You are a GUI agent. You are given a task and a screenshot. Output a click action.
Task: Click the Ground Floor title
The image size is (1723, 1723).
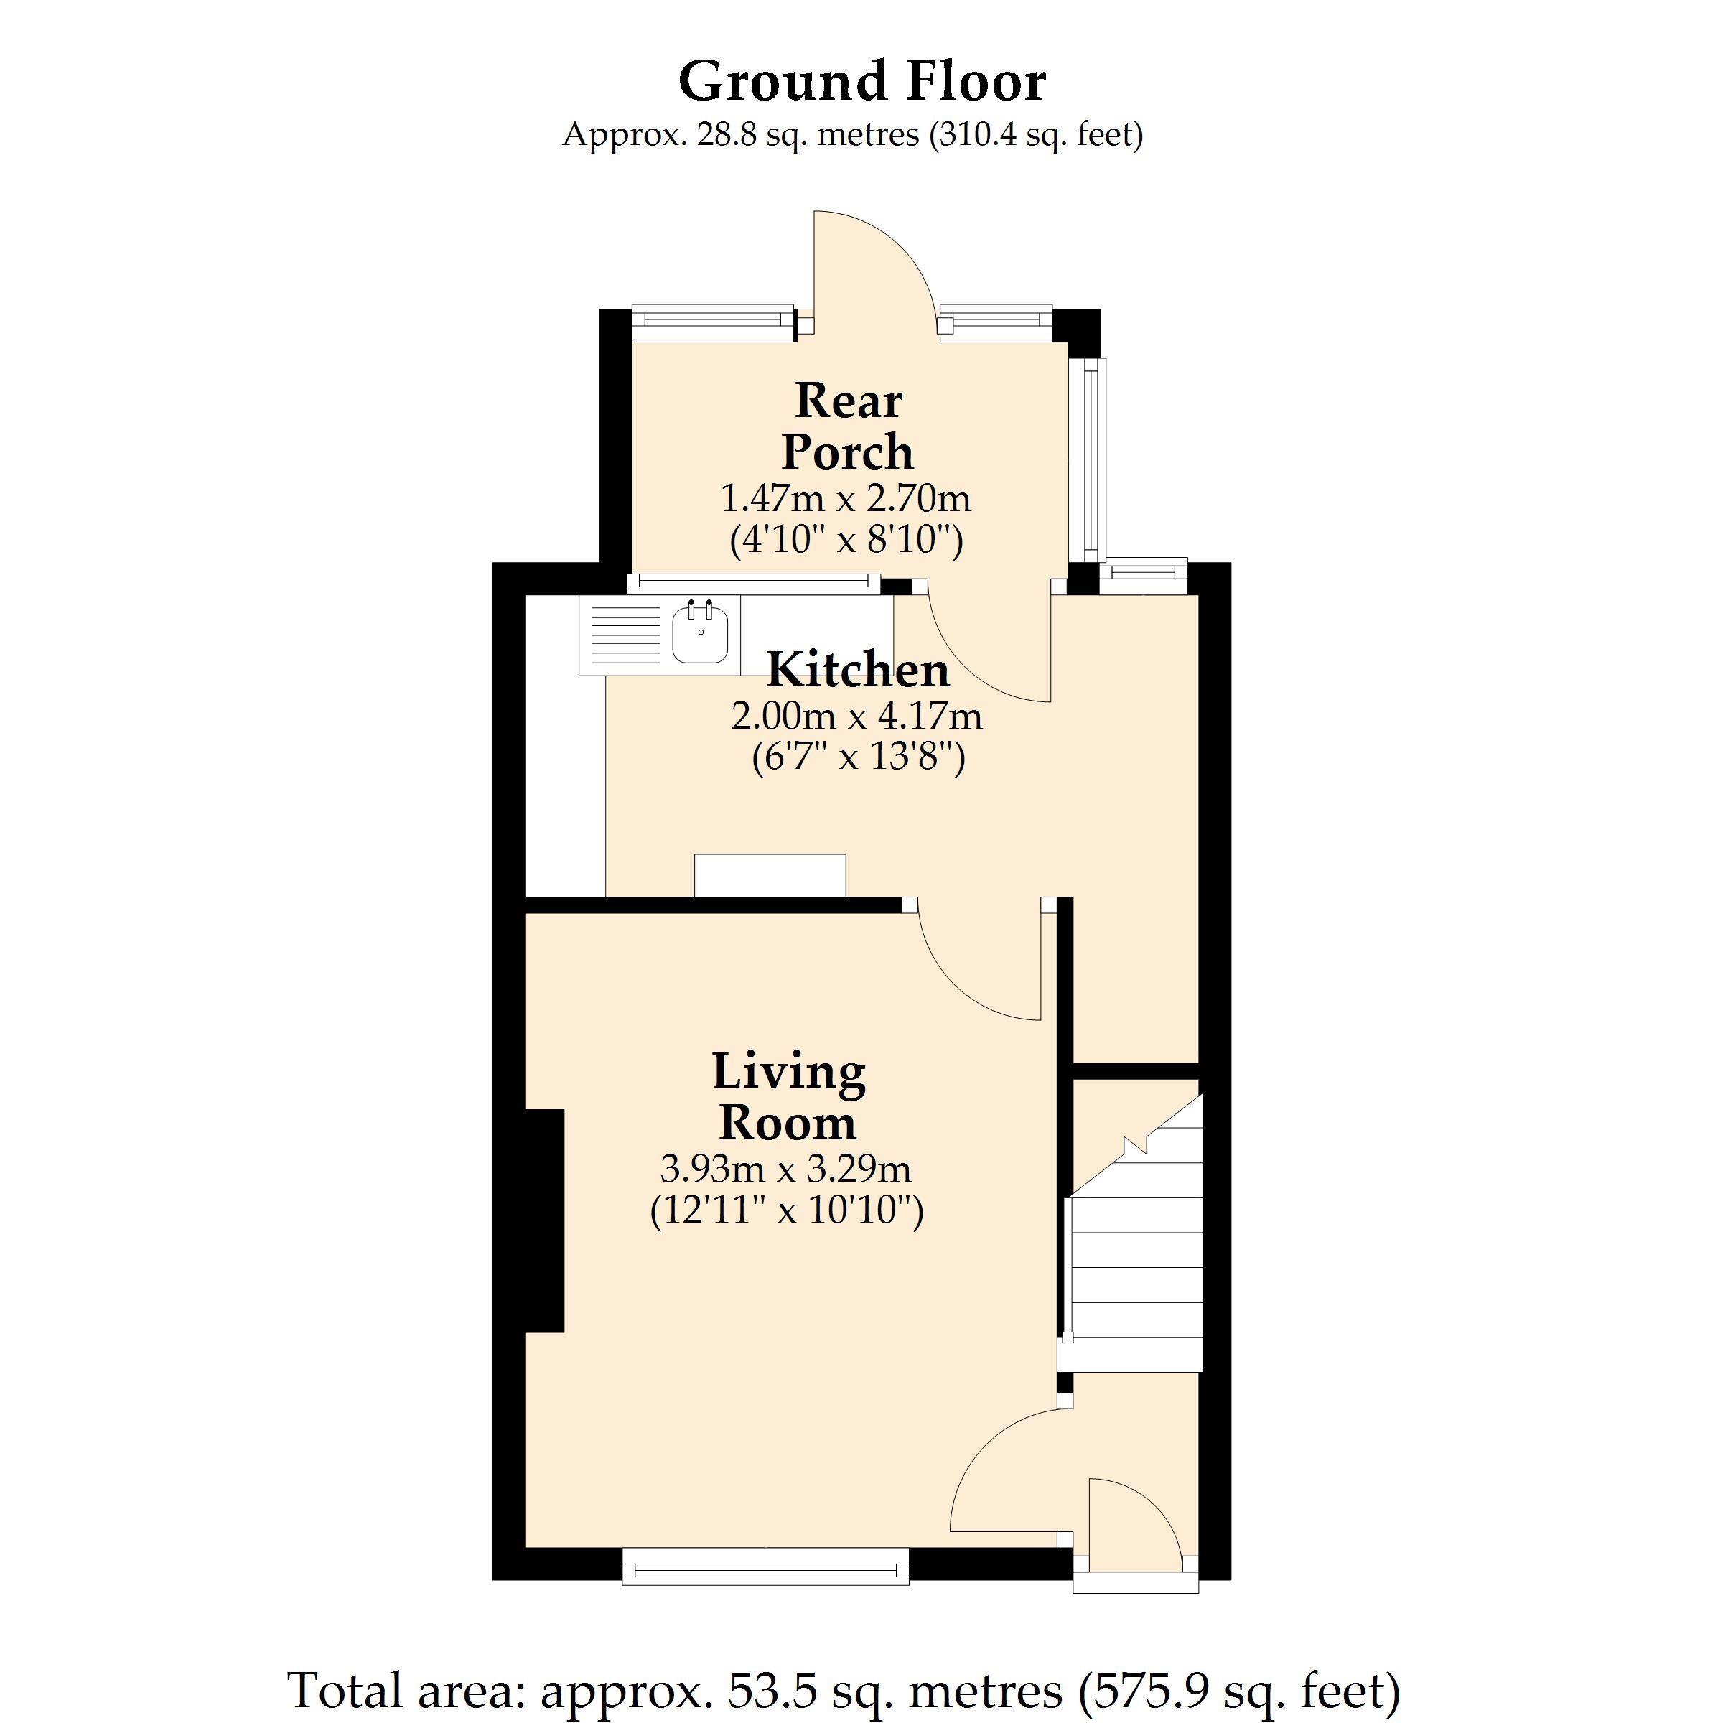pos(861,81)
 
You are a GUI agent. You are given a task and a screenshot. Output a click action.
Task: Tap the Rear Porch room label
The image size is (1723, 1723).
pos(847,426)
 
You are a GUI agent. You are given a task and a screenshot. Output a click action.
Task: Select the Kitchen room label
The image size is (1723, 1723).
pos(858,670)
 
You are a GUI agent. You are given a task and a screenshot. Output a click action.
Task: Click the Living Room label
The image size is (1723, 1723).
pos(788,1096)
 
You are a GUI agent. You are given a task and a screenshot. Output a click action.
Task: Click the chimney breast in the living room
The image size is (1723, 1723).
pos(544,1221)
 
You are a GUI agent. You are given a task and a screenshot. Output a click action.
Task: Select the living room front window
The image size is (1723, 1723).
pos(765,1566)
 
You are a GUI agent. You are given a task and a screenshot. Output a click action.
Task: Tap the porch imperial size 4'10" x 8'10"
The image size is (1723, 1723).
pos(846,540)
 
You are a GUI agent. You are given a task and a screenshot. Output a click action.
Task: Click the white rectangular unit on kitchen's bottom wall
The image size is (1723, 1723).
pos(770,875)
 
